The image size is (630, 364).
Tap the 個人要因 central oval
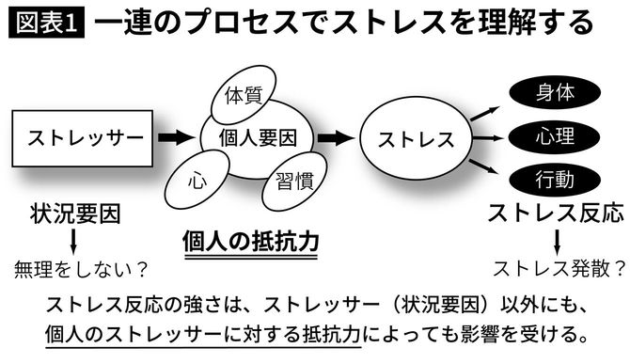click(x=258, y=137)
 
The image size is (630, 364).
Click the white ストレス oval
click(x=415, y=139)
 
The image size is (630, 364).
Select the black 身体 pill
click(x=554, y=93)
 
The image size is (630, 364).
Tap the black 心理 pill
click(x=554, y=137)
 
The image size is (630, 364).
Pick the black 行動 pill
click(x=554, y=179)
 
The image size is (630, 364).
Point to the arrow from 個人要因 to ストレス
click(x=335, y=138)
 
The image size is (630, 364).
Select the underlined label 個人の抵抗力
click(x=251, y=242)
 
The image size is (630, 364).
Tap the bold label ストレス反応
click(x=555, y=213)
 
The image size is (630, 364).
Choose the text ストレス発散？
click(x=559, y=268)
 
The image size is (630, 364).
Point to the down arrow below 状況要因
click(x=73, y=241)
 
